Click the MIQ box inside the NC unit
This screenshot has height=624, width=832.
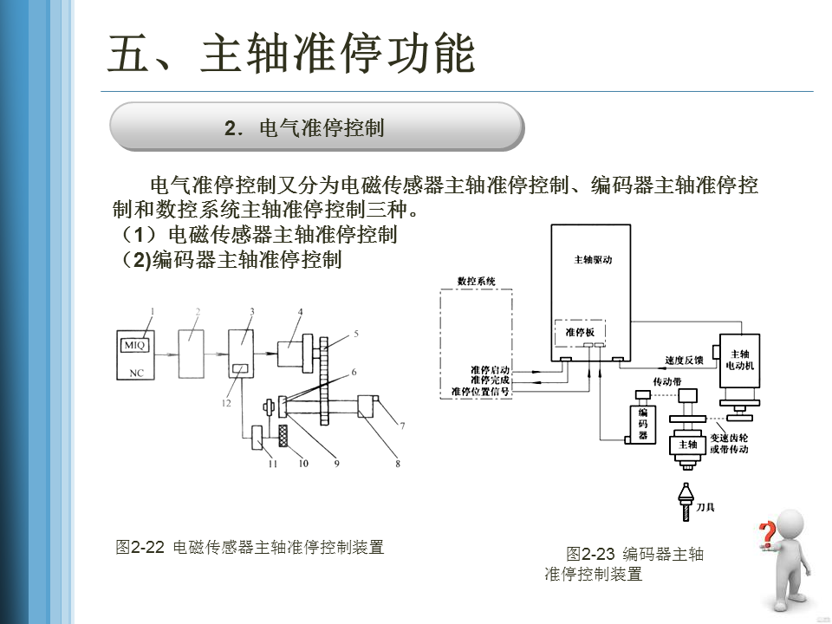click(x=135, y=345)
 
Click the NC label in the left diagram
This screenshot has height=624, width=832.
click(x=136, y=374)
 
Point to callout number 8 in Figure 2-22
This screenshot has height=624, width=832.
click(x=398, y=464)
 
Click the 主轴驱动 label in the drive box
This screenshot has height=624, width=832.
click(x=593, y=260)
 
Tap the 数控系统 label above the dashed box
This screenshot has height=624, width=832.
click(x=476, y=282)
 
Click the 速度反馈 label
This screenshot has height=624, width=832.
click(x=684, y=361)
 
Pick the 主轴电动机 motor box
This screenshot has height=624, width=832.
click(x=739, y=359)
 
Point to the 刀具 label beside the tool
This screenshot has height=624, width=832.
click(x=706, y=507)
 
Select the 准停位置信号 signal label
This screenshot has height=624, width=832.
click(x=480, y=392)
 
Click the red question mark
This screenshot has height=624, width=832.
click(x=766, y=533)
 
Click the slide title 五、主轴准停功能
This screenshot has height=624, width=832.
click(x=292, y=54)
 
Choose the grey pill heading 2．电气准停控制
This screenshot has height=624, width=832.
click(x=316, y=127)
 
